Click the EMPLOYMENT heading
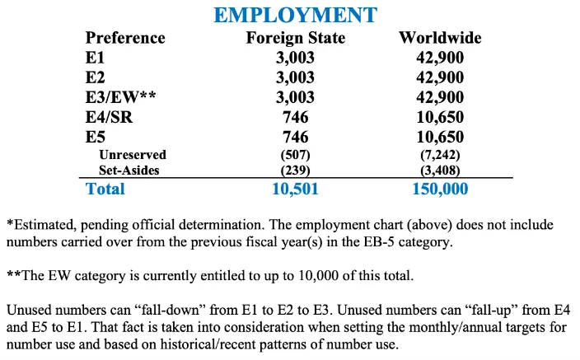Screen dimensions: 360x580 click(295, 15)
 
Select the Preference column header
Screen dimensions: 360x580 click(125, 38)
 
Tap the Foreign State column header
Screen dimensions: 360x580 click(295, 38)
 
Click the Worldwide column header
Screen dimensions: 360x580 click(440, 38)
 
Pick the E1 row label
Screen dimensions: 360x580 click(96, 58)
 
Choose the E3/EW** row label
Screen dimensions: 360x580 click(120, 97)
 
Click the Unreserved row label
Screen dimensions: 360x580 click(132, 155)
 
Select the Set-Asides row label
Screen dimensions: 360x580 click(129, 171)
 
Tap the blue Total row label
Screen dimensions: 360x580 click(105, 189)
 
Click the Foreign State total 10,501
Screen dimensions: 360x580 click(295, 189)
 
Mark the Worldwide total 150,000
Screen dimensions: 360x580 click(440, 189)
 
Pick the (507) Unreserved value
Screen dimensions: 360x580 click(295, 155)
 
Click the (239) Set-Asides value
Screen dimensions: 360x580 click(295, 171)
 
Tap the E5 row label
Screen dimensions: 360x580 click(96, 137)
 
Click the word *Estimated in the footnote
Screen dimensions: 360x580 click(40, 225)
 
